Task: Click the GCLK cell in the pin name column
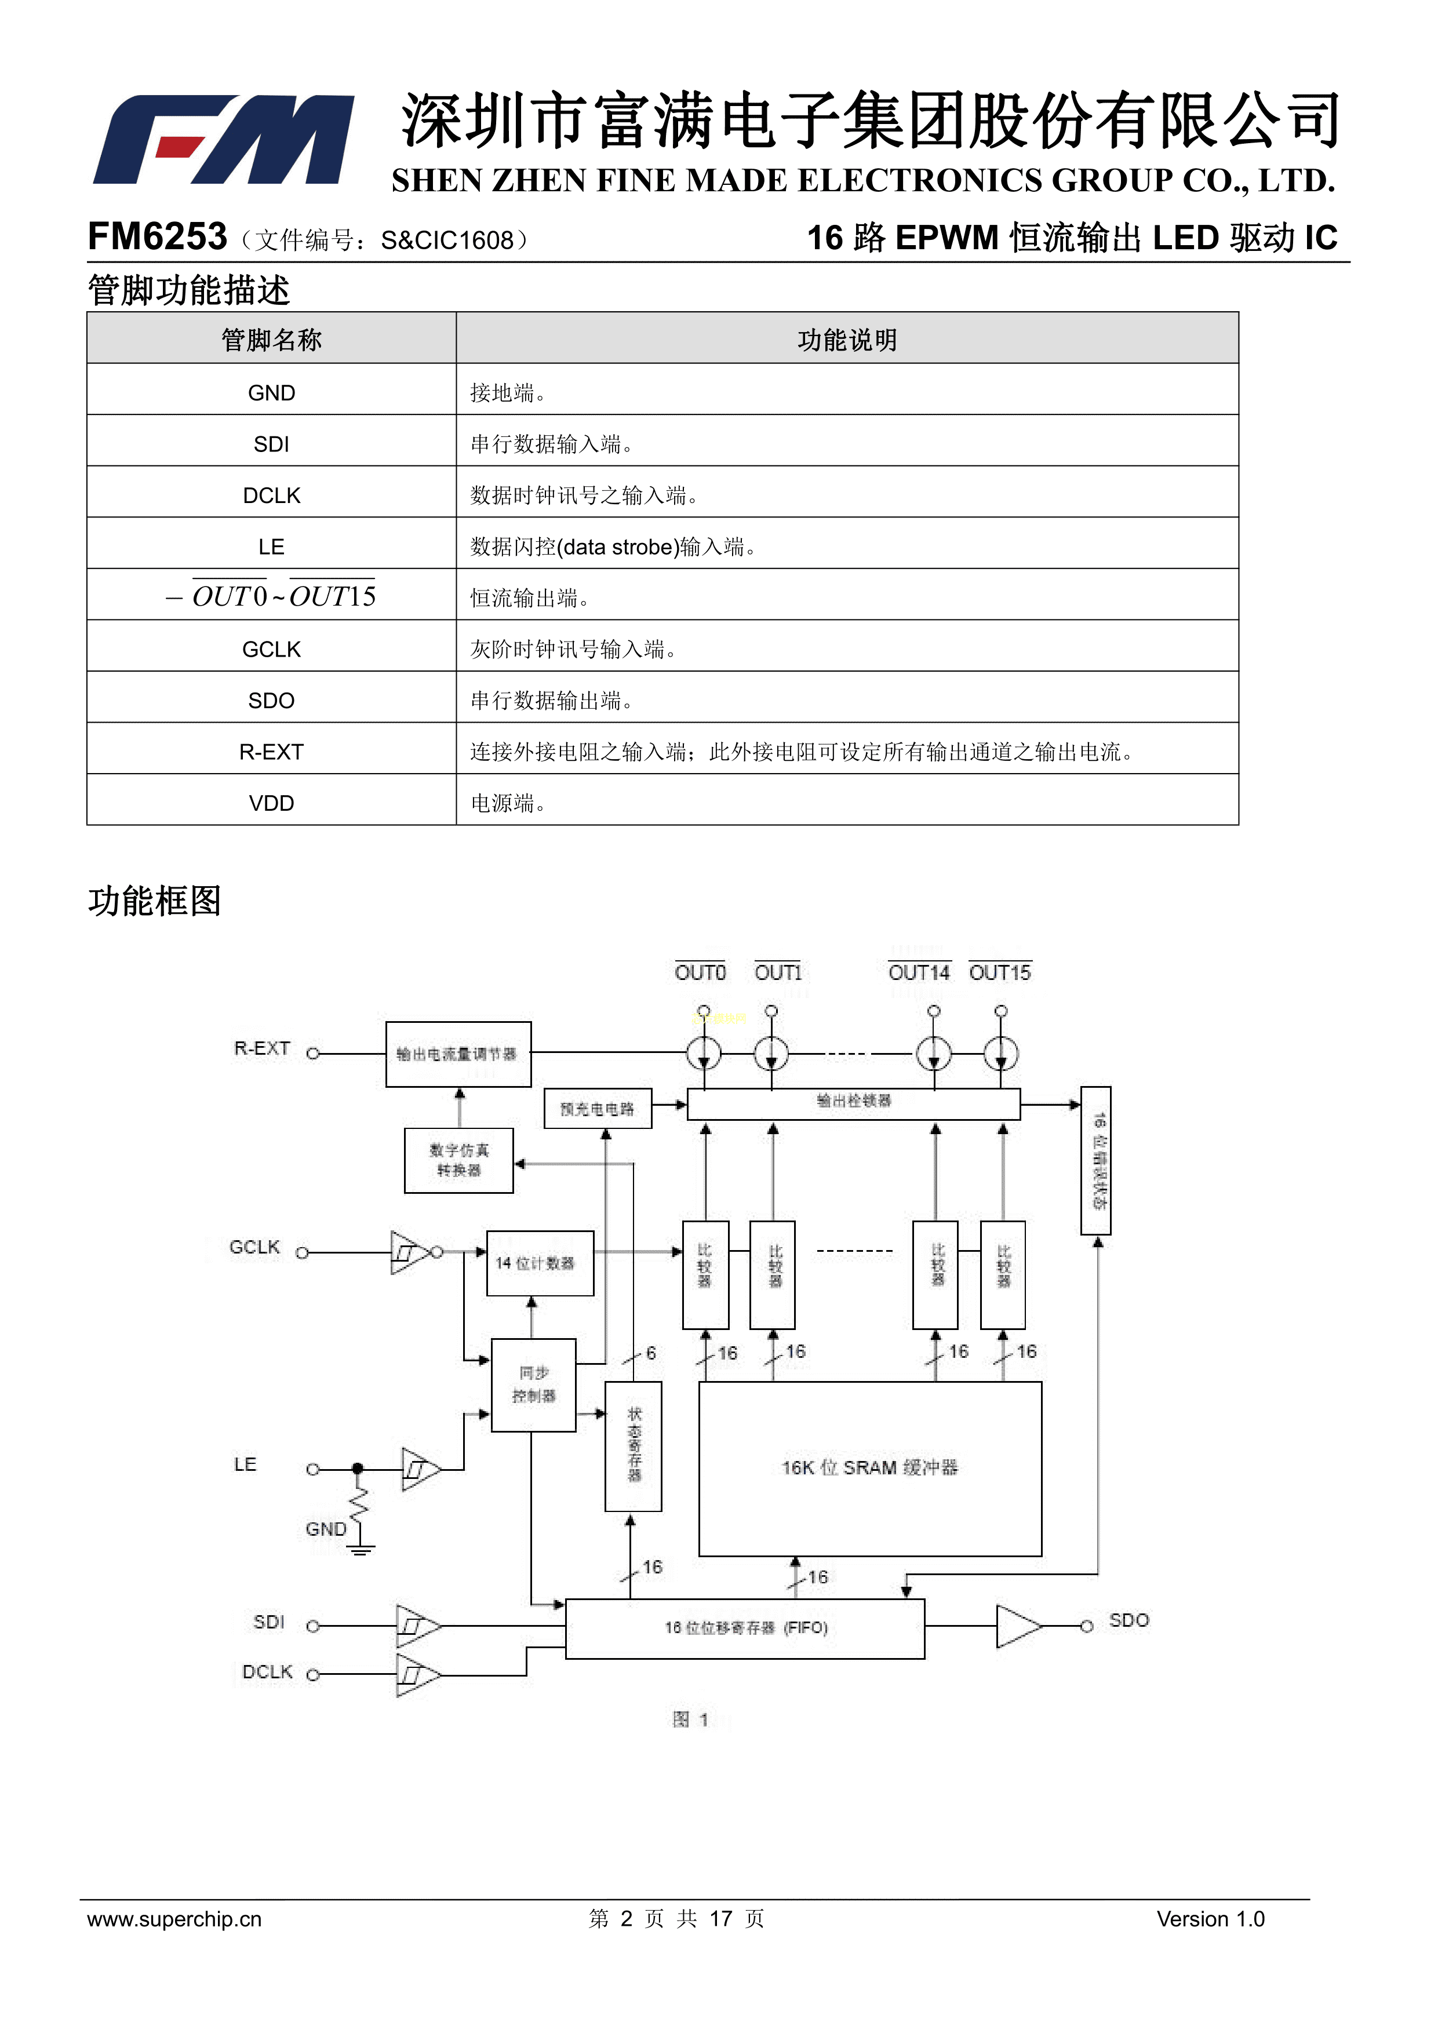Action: pos(271,649)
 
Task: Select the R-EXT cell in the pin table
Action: pos(271,752)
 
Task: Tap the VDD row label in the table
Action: pos(271,803)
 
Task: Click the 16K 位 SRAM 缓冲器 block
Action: pos(869,1467)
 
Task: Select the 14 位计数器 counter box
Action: pos(539,1263)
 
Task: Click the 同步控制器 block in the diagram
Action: pos(533,1384)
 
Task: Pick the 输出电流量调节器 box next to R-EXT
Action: pos(458,1054)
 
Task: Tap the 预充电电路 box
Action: pos(598,1109)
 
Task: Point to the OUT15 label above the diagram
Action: pos(1000,972)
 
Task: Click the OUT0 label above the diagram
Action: pos(700,972)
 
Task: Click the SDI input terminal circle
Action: pos(312,1626)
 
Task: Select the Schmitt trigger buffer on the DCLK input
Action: pos(416,1674)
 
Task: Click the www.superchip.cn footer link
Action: pos(174,1919)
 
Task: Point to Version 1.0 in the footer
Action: pos(1210,1919)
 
